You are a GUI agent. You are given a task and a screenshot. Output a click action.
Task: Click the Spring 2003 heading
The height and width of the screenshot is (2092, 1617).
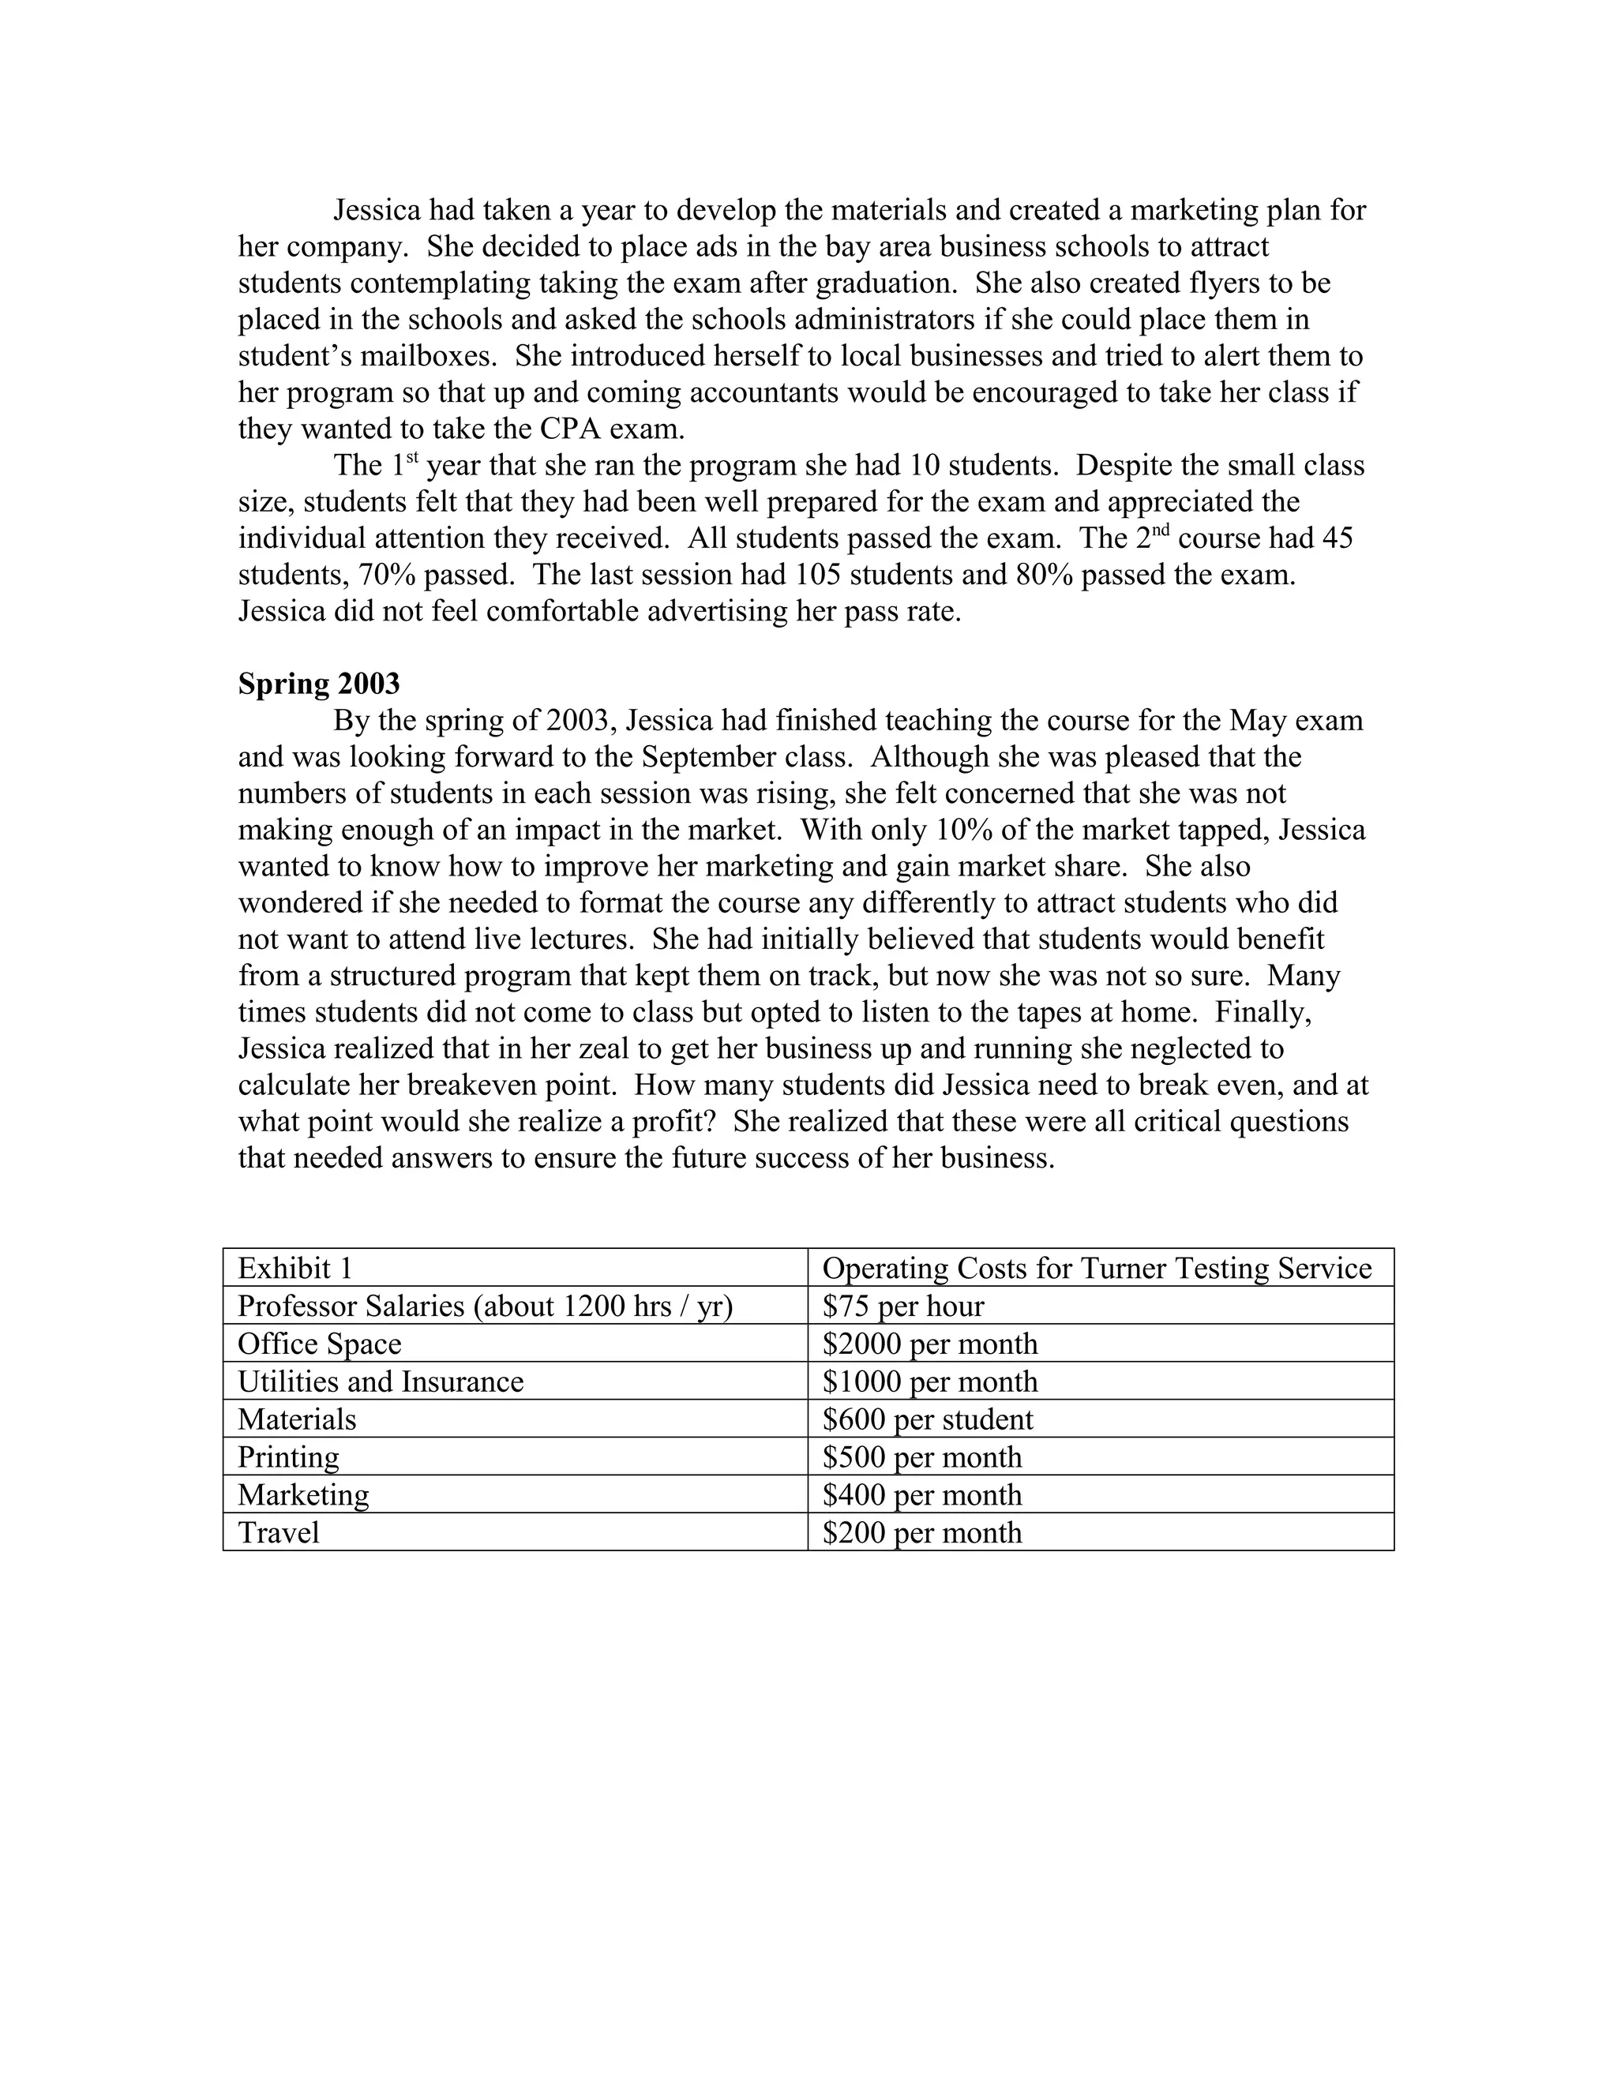pos(319,684)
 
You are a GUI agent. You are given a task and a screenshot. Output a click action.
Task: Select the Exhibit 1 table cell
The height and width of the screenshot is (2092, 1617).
pos(295,1269)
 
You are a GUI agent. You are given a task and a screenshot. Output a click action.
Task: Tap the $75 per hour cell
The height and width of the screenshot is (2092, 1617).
pos(902,1307)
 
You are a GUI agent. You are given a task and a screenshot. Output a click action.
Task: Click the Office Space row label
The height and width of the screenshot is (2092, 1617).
pos(319,1344)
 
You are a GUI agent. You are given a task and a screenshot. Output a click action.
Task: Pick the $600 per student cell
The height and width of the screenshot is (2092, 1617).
pos(927,1419)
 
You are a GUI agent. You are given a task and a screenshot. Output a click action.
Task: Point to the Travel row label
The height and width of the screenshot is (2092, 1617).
pos(278,1532)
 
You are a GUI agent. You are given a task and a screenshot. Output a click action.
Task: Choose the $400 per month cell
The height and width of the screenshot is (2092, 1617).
pos(921,1495)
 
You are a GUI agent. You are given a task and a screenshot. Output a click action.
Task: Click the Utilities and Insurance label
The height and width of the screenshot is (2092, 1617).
pos(381,1382)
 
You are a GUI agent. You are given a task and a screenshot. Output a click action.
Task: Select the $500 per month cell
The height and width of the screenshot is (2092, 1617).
pos(921,1458)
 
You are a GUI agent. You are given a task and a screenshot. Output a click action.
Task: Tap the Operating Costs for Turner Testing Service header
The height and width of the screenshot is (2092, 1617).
pos(1097,1269)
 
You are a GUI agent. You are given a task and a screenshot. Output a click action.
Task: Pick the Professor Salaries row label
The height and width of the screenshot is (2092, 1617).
pos(485,1307)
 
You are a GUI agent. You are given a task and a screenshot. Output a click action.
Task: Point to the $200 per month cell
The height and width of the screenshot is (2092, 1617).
pos(921,1532)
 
